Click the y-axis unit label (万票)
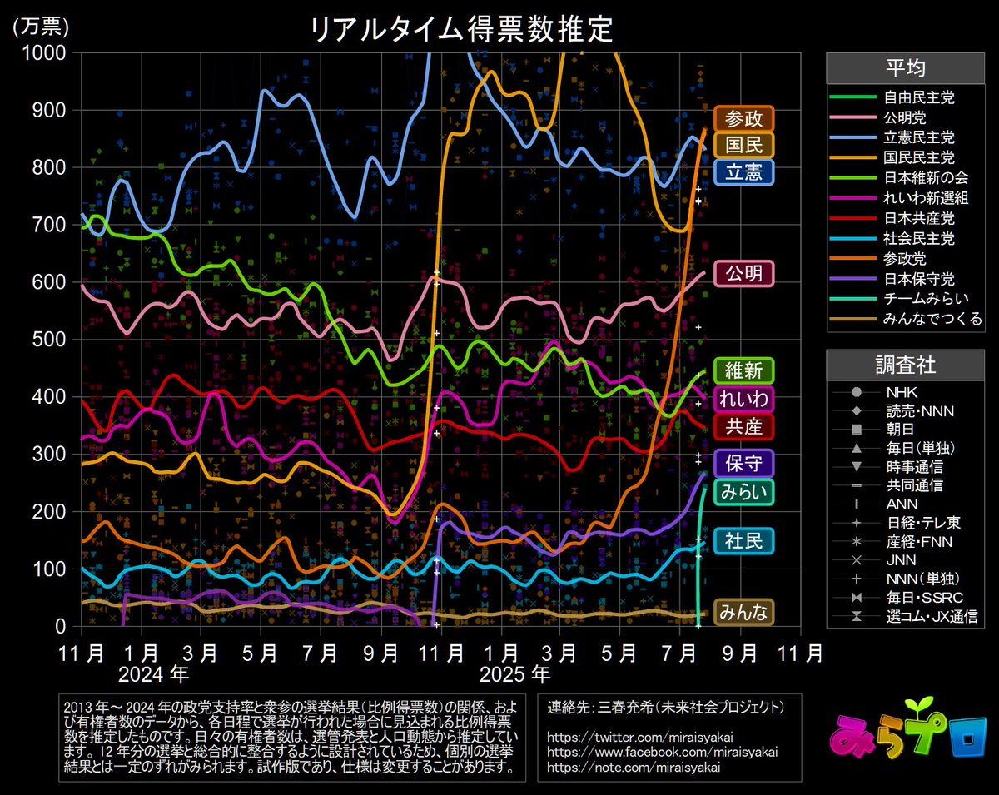tap(40, 26)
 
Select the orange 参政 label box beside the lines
tap(743, 118)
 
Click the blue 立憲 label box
tap(743, 172)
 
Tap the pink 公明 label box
tap(743, 274)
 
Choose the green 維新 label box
tap(743, 370)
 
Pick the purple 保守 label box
tap(743, 462)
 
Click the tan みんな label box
tap(743, 612)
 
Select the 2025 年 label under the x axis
tap(516, 670)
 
